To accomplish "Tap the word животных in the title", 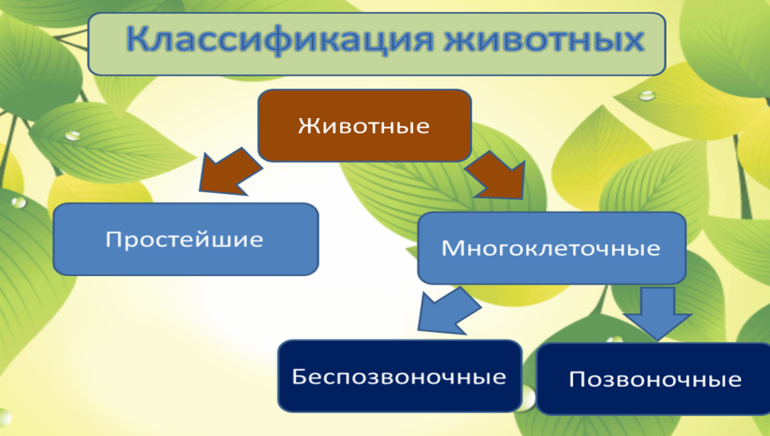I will (544, 40).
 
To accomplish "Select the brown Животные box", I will (364, 126).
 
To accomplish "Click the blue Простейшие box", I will (184, 240).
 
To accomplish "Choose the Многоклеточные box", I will (551, 248).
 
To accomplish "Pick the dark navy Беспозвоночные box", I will (399, 376).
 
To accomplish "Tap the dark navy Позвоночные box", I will (654, 378).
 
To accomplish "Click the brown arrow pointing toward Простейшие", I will (226, 172).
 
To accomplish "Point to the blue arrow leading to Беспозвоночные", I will (448, 310).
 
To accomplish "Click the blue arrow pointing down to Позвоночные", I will (657, 313).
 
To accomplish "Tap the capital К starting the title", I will (140, 40).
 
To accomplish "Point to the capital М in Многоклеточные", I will (450, 249).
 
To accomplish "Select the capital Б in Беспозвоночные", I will (300, 376).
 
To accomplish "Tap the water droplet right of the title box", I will (647, 96).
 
